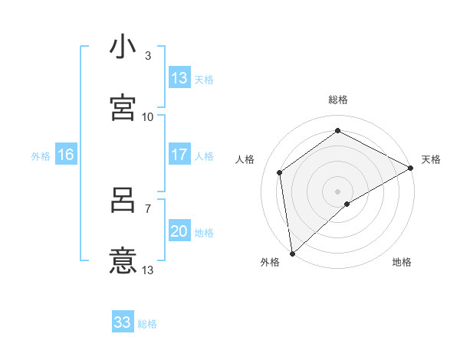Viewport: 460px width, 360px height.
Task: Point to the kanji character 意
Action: [123, 260]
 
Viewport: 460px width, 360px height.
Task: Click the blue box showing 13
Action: [179, 78]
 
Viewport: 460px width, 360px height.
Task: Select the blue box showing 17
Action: [179, 155]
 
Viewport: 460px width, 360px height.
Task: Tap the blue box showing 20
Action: [179, 231]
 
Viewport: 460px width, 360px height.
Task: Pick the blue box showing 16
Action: [66, 155]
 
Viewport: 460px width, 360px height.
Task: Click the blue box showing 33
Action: [123, 322]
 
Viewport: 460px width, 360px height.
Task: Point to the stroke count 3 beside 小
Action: [148, 56]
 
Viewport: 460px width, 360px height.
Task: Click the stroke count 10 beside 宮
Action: [148, 117]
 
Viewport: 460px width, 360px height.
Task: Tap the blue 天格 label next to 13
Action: [204, 79]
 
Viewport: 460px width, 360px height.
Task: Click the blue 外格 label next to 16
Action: [41, 155]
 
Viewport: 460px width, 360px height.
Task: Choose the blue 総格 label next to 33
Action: [147, 323]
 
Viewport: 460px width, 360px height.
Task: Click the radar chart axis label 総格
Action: [338, 100]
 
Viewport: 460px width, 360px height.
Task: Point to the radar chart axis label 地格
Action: [402, 263]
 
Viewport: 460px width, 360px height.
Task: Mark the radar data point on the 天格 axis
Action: [411, 169]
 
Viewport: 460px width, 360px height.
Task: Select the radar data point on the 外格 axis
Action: [292, 254]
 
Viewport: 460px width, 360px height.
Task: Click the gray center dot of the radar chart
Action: [338, 191]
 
